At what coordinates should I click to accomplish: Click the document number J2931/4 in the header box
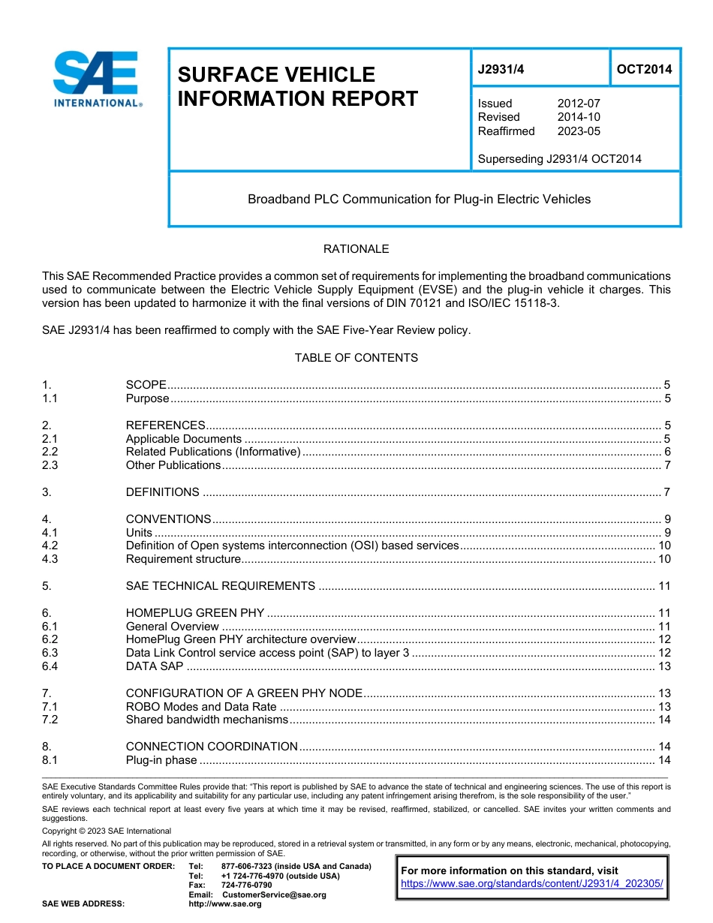tap(501, 69)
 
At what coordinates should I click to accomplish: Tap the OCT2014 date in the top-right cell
tap(644, 69)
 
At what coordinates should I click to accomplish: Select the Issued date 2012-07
tap(578, 104)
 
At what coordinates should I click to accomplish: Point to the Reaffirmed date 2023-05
tap(578, 131)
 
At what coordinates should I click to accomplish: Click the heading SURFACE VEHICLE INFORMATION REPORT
tap(297, 86)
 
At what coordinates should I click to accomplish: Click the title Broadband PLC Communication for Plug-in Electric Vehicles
tap(419, 199)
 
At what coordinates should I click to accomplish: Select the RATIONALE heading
tap(356, 249)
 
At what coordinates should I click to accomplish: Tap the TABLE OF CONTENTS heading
tap(356, 358)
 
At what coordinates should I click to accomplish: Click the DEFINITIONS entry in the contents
tap(162, 492)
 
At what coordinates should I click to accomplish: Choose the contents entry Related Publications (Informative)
tap(212, 452)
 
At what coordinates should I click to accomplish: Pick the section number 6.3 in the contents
tap(50, 653)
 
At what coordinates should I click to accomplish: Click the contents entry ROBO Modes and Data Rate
tap(201, 707)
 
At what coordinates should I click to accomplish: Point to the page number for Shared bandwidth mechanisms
tap(663, 720)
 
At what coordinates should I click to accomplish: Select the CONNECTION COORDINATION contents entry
tap(212, 747)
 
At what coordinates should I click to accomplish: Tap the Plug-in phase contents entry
tap(161, 760)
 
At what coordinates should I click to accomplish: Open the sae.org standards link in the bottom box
tap(532, 884)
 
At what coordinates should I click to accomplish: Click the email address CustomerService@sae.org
tap(274, 894)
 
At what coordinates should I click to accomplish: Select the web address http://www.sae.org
tap(225, 904)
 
